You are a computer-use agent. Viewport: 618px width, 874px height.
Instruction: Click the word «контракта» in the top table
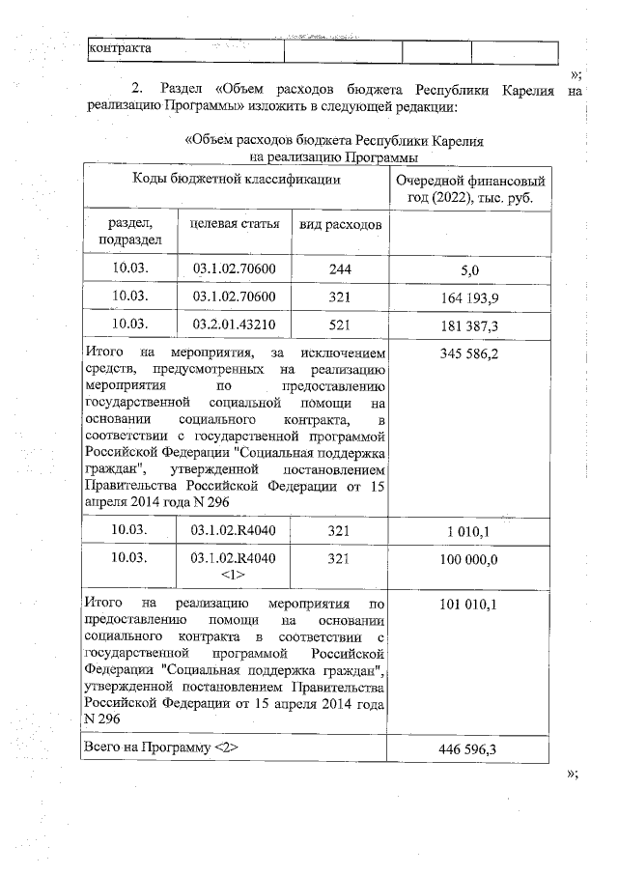[121, 47]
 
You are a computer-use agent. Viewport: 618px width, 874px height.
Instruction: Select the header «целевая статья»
[235, 224]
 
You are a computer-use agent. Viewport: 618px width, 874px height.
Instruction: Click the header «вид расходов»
[340, 224]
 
